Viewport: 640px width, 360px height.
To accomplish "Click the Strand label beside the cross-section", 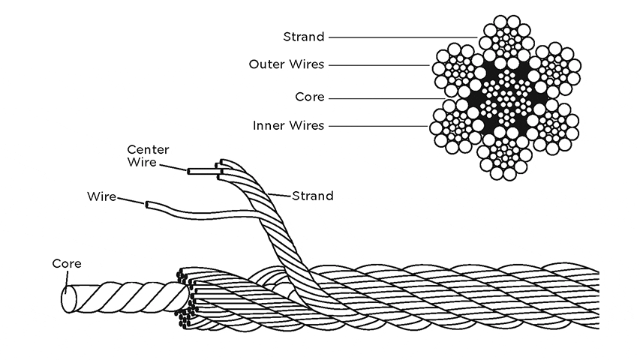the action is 304,37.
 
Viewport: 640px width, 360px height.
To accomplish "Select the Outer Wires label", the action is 287,64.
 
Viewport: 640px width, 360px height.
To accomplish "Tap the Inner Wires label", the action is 289,125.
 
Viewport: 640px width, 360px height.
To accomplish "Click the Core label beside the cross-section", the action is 310,97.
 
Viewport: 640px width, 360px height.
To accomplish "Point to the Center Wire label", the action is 148,155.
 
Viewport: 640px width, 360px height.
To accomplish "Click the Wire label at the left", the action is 101,196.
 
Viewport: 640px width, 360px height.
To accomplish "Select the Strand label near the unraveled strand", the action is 313,196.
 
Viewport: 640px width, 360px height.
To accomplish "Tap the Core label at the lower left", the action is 67,264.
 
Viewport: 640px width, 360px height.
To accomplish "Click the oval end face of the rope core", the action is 68,299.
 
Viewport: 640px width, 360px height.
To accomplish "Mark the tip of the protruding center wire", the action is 189,172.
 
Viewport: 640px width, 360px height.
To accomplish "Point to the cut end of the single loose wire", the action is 146,204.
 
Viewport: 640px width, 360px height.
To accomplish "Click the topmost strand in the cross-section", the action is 506,39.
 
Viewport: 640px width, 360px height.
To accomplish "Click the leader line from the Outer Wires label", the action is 379,65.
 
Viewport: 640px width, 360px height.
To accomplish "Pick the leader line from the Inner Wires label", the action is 378,126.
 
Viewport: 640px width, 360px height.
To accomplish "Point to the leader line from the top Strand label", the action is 403,37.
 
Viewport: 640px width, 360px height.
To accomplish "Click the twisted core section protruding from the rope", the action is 128,297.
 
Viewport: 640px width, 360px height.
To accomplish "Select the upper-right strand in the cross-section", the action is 556,68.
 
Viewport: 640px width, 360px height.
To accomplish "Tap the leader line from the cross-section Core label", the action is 387,98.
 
